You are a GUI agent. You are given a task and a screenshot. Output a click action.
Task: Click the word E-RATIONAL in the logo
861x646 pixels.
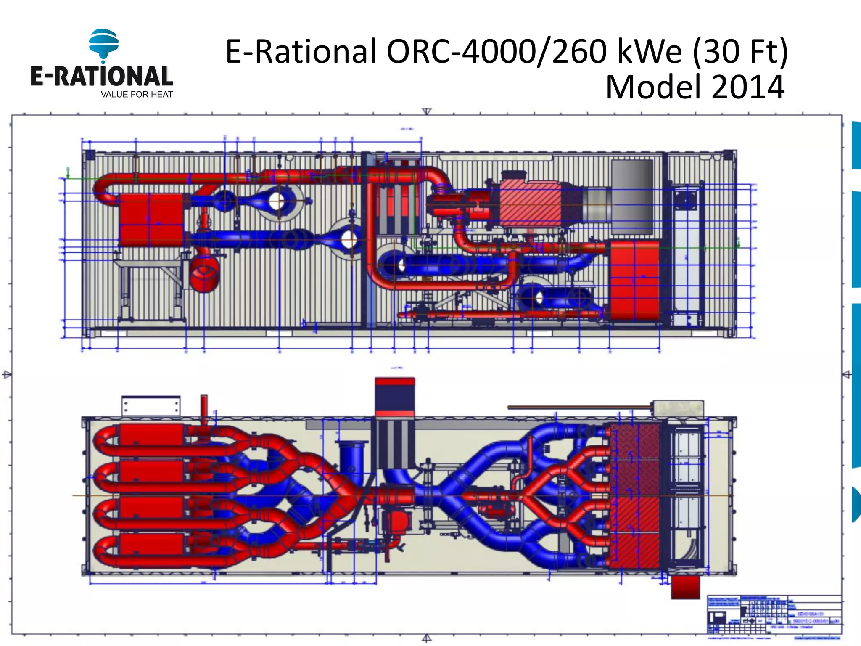[x=101, y=76]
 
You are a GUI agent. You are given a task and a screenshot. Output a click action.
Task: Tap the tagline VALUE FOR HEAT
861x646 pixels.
[x=137, y=95]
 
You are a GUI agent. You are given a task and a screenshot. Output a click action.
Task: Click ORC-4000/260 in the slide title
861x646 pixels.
[x=497, y=51]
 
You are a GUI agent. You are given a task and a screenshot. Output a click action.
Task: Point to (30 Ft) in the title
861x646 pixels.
[x=740, y=51]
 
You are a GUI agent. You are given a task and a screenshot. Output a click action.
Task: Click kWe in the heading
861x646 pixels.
[x=649, y=51]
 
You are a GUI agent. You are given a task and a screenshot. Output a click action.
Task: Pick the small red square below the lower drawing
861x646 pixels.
[x=685, y=587]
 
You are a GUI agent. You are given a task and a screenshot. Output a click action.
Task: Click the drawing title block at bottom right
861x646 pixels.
[x=774, y=614]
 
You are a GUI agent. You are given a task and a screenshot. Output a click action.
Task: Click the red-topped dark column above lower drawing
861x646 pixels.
[x=394, y=397]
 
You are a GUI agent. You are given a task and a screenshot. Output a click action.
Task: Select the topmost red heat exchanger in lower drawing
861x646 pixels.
[x=152, y=435]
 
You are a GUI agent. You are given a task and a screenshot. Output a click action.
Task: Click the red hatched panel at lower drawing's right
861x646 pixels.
[x=634, y=496]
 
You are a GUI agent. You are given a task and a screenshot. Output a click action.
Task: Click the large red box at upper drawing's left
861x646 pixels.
[x=151, y=220]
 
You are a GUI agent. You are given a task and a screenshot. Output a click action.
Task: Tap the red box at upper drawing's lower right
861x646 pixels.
[x=634, y=280]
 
